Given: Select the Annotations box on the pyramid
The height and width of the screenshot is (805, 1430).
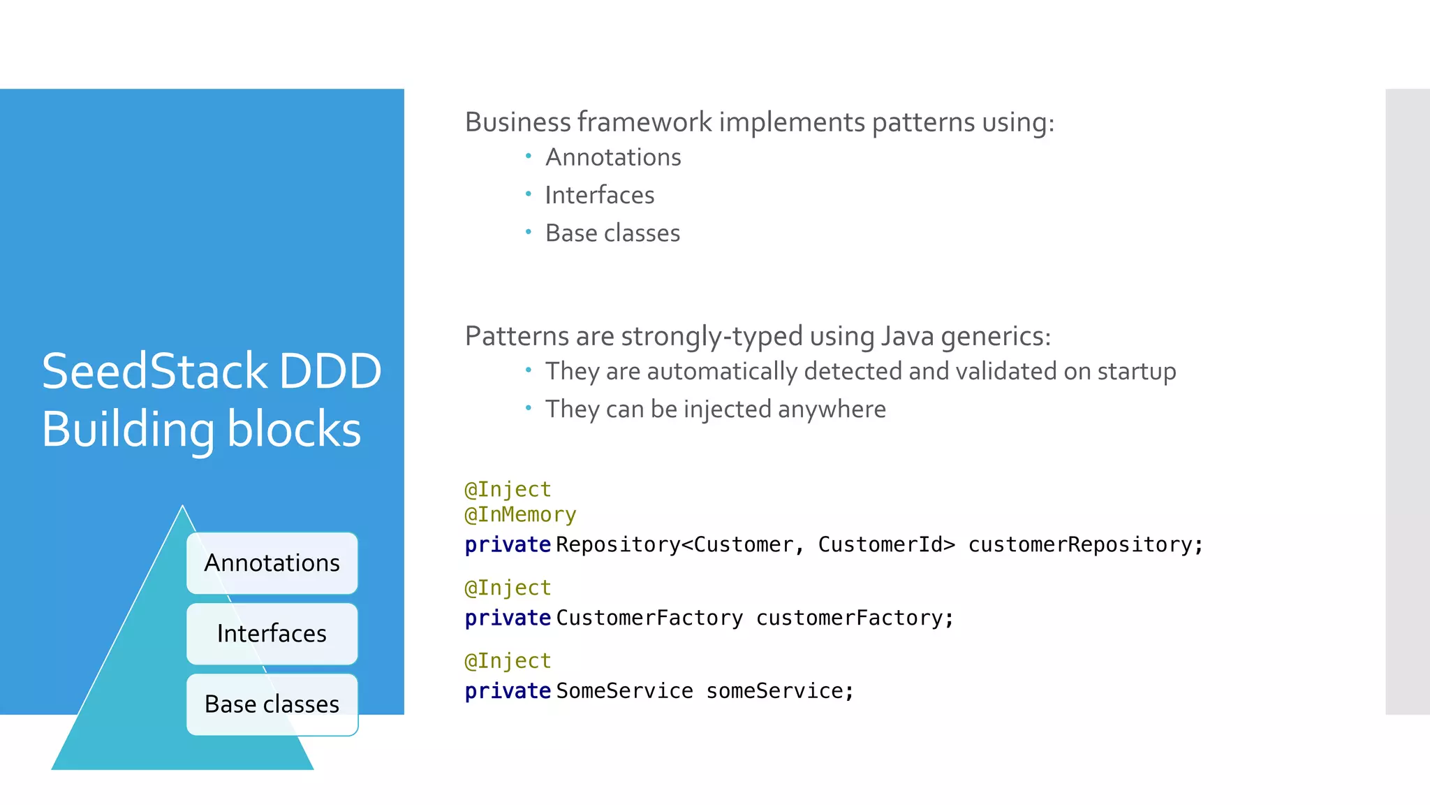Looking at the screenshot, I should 272,563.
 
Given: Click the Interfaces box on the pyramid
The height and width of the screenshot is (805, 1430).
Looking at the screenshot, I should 272,634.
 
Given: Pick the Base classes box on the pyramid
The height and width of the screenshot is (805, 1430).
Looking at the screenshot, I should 272,704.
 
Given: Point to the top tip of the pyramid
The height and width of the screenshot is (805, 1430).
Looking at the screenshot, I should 182,507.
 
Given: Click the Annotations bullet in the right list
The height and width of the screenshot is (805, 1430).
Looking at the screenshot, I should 612,157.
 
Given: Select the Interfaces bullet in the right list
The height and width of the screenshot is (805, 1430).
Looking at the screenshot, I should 599,195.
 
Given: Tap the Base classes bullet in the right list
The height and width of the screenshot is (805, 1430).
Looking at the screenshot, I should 612,233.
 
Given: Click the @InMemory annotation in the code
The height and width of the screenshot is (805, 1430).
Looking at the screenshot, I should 520,515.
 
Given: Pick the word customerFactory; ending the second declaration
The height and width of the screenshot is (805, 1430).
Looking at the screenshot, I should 855,618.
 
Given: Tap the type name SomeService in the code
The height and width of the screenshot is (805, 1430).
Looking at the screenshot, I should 624,691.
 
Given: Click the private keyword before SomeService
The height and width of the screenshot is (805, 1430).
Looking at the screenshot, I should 508,691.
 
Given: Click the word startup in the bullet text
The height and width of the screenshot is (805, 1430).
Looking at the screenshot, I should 1136,371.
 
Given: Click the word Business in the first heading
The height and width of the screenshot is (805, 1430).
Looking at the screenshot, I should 518,122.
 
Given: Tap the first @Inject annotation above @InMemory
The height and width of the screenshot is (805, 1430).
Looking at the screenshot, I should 508,489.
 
